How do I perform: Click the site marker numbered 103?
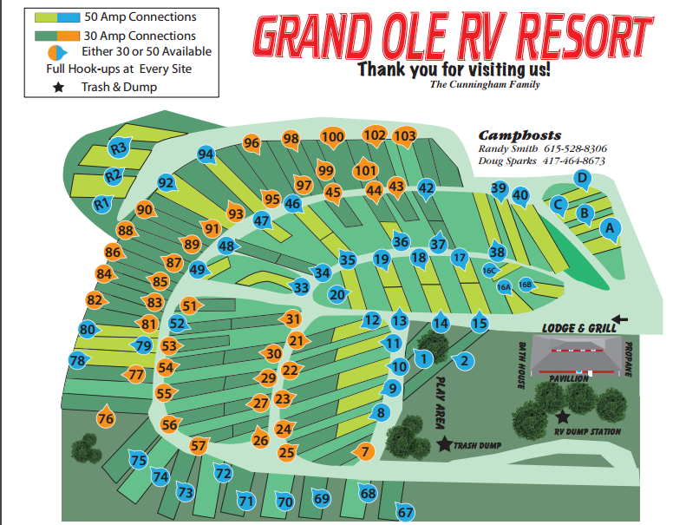click(x=404, y=136)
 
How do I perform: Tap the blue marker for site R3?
click(x=119, y=148)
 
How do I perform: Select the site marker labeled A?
click(x=610, y=229)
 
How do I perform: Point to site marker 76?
click(x=106, y=419)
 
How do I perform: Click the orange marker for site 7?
click(x=365, y=451)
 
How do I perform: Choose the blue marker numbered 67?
click(x=405, y=511)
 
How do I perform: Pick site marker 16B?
click(x=525, y=284)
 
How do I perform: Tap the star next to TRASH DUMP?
click(x=445, y=444)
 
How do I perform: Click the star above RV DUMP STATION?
click(x=561, y=417)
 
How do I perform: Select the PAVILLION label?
click(x=569, y=378)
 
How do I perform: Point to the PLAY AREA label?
click(x=440, y=400)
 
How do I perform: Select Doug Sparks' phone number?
click(x=577, y=161)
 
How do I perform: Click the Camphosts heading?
click(x=519, y=135)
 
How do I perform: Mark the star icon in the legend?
click(x=59, y=87)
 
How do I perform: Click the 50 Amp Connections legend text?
click(x=140, y=16)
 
